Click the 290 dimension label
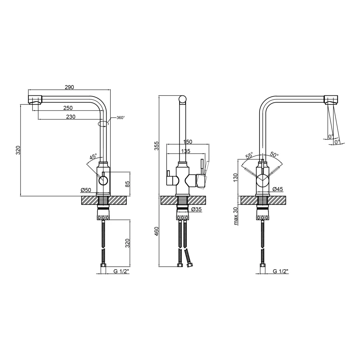pos(69,87)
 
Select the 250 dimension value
pos(68,108)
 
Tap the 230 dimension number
pos(71,117)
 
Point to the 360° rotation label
pos(121,118)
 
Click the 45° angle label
pos(93,157)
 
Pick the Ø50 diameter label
pos(86,190)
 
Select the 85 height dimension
pos(127,184)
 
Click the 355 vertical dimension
pos(156,146)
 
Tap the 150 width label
pos(188,142)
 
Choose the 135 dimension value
pos(185,151)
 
